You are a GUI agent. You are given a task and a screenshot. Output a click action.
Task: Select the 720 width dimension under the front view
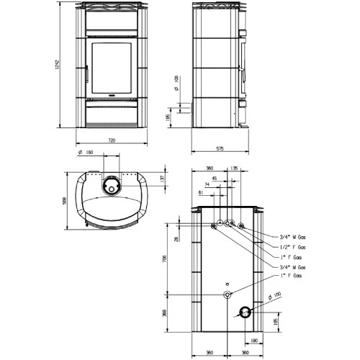pos(111,140)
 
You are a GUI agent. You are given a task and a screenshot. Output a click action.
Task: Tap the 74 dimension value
pos(206,185)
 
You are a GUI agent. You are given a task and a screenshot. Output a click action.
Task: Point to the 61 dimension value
pos(199,193)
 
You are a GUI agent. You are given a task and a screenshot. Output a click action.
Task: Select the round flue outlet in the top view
pos(111,186)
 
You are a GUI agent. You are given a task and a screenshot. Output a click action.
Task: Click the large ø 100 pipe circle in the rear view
pos(246,311)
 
